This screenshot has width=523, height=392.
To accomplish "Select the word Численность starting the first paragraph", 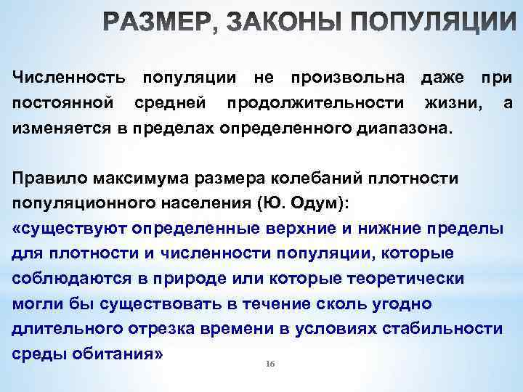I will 69,77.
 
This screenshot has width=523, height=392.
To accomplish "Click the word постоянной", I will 62,104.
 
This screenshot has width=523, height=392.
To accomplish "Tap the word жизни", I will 458,104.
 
